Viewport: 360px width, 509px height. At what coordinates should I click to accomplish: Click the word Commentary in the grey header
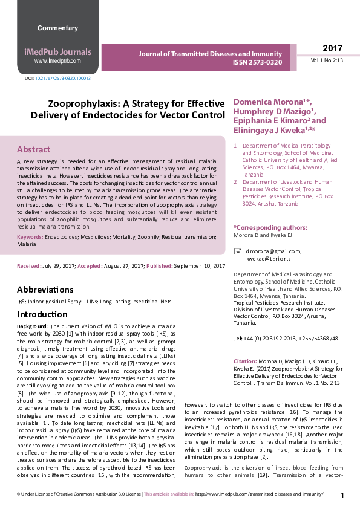(x=57, y=28)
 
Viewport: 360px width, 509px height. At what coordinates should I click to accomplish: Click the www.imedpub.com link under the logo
(x=57, y=61)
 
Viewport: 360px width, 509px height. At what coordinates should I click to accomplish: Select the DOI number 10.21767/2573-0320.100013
(x=63, y=79)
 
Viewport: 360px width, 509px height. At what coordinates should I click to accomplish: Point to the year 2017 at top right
(x=332, y=48)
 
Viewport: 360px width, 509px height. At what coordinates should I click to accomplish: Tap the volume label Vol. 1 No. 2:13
(x=327, y=61)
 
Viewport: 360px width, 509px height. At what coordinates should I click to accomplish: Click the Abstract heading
(x=34, y=149)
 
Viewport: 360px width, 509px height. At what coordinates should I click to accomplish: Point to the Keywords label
(x=30, y=238)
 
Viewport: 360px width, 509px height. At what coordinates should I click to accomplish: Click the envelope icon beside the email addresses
(x=238, y=250)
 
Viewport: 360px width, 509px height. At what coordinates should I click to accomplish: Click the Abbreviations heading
(x=45, y=290)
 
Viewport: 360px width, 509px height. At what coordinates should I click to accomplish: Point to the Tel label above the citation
(x=238, y=339)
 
